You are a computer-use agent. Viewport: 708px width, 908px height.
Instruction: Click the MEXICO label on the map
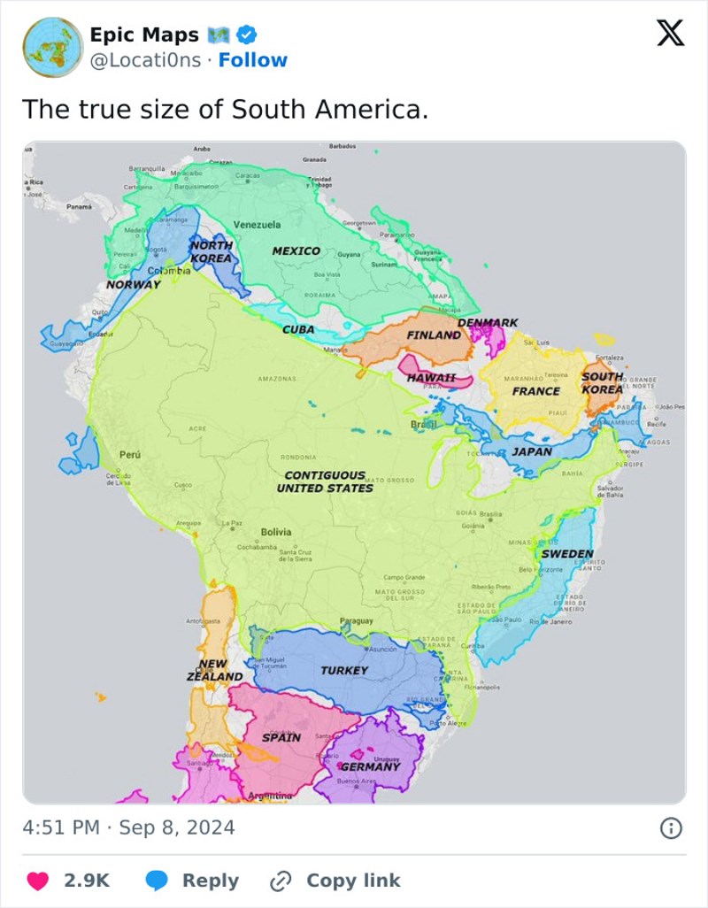(296, 250)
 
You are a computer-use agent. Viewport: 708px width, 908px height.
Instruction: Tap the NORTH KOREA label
(212, 251)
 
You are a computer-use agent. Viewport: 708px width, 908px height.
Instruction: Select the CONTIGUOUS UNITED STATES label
(325, 481)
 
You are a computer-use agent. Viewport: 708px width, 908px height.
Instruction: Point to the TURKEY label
(344, 670)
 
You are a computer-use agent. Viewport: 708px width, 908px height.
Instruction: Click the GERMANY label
(371, 766)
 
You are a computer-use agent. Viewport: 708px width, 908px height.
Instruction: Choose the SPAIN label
(281, 737)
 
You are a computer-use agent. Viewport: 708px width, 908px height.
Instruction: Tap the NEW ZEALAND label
(214, 670)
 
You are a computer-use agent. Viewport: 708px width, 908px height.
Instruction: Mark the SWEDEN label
(566, 553)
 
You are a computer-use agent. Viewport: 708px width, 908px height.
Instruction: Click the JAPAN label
(532, 451)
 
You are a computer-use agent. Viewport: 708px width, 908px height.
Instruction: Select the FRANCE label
(536, 391)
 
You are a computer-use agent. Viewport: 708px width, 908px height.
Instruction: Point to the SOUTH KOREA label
(602, 383)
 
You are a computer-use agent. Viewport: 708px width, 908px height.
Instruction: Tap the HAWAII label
(431, 378)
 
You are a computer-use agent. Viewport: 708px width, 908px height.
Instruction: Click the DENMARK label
(488, 323)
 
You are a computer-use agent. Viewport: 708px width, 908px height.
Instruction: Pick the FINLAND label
(434, 335)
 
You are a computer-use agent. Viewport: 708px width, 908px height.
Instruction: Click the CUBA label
(298, 329)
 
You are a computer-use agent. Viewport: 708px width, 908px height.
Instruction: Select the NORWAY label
(134, 285)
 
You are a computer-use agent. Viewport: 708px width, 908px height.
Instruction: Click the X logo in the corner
(670, 35)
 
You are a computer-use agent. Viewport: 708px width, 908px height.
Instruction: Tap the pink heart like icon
(37, 881)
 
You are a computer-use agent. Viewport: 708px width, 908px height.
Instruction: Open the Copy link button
(336, 881)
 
